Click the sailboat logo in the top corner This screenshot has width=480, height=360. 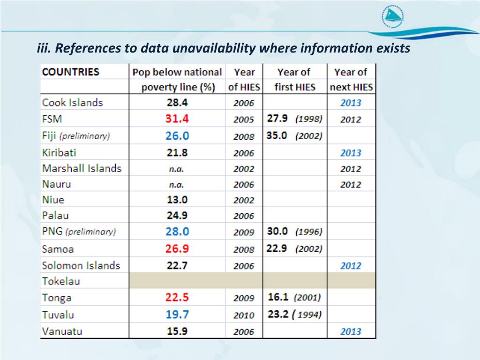tap(393, 17)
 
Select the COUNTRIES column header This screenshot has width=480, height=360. tap(71, 72)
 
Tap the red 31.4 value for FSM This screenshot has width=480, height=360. tap(176, 119)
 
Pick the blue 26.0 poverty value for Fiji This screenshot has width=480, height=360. tap(176, 136)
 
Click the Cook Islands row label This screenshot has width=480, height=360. tap(72, 103)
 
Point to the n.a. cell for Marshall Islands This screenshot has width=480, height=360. tap(176, 169)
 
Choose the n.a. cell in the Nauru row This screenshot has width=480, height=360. tap(176, 185)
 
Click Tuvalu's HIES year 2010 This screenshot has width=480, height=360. tap(244, 315)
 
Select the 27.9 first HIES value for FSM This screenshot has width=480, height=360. tap(277, 119)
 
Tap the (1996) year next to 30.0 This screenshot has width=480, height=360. tap(308, 232)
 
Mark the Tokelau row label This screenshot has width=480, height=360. tap(61, 281)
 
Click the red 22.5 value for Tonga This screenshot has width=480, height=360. tap(176, 298)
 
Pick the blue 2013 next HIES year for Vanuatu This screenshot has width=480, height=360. tap(351, 331)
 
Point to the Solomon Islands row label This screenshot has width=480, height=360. tap(81, 265)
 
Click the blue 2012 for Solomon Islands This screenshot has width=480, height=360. tap(351, 266)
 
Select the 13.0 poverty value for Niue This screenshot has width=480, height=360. tap(177, 200)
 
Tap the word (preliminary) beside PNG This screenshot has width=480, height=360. tap(90, 232)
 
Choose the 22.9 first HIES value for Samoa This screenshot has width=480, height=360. tap(277, 248)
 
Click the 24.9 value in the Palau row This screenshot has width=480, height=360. tap(177, 216)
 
